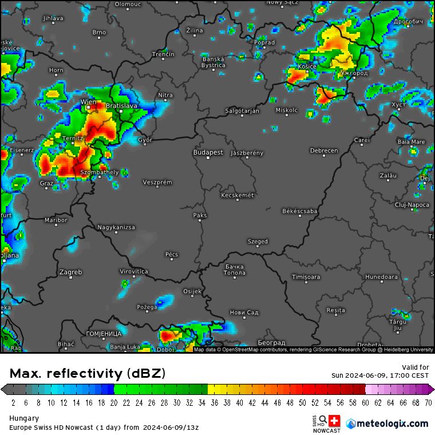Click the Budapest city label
208,153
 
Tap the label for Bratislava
122,106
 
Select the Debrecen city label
324,151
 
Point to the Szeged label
258,242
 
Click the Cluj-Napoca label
412,204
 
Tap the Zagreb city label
70,272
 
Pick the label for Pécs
171,254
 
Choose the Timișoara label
306,277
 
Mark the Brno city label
99,33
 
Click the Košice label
307,67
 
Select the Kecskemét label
237,195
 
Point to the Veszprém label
157,182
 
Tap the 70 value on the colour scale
428,402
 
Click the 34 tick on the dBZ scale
202,402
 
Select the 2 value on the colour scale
13,402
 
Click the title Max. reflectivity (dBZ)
88,374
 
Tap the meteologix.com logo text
392,424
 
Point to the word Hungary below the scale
24,418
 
